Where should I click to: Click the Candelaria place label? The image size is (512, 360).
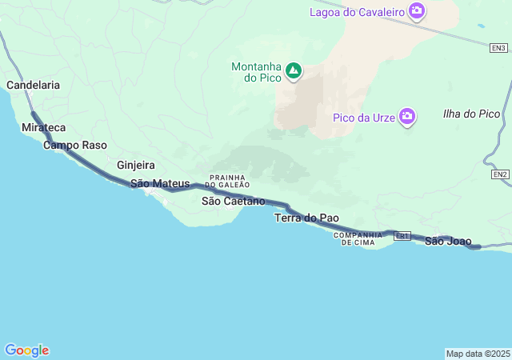(x=33, y=84)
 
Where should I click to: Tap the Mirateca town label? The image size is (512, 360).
(x=44, y=128)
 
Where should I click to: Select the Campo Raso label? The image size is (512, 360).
(x=75, y=146)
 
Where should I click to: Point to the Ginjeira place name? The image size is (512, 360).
(x=136, y=165)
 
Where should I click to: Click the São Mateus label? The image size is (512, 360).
(x=160, y=183)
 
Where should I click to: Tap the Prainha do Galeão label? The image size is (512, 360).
(x=228, y=181)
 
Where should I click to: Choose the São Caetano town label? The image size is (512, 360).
(x=233, y=201)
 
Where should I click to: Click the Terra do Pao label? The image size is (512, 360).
(x=306, y=218)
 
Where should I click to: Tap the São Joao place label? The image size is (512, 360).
(x=448, y=241)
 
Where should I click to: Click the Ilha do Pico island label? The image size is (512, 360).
(x=471, y=114)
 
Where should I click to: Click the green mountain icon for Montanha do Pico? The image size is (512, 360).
(x=294, y=71)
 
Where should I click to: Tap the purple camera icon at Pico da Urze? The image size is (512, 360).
(x=407, y=118)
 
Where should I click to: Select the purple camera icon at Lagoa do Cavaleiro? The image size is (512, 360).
(x=416, y=11)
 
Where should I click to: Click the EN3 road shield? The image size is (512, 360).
(x=498, y=48)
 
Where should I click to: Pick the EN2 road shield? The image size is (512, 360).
(x=500, y=174)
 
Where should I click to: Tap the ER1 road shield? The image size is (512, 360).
(x=402, y=236)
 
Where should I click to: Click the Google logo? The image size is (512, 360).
(x=26, y=350)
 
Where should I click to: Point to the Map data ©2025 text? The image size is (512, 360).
(x=478, y=354)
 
